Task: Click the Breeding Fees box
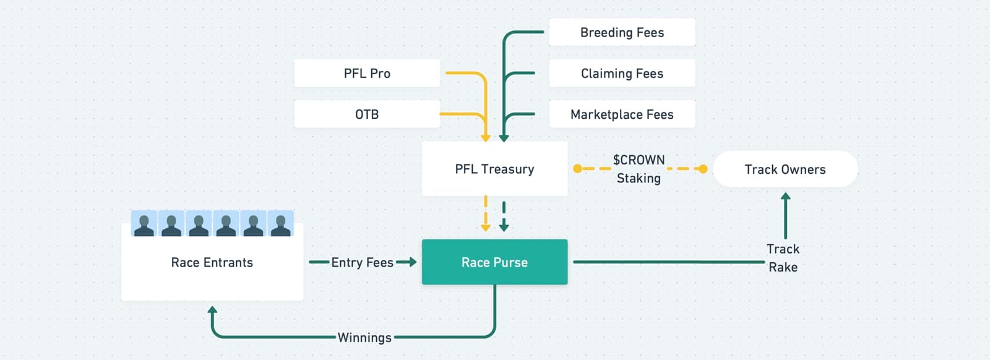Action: pos(622,32)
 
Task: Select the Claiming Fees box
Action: pos(622,73)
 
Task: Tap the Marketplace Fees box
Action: pos(622,114)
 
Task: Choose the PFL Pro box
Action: pos(367,73)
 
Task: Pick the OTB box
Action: pos(367,114)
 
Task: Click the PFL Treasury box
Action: pos(494,169)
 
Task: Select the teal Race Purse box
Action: pos(494,262)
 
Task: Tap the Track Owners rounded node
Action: pos(785,169)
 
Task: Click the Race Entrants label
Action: pos(212,262)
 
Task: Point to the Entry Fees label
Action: pos(362,262)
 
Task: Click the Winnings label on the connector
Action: pos(364,338)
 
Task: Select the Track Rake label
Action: pos(783,258)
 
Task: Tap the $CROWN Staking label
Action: pos(639,169)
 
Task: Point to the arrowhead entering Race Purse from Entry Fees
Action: pos(412,262)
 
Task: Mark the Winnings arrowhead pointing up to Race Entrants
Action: pos(212,310)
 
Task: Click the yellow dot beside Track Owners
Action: pos(703,169)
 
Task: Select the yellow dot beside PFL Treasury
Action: pos(577,169)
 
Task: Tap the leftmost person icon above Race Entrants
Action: pos(144,224)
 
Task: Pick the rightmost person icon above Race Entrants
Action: pos(280,224)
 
